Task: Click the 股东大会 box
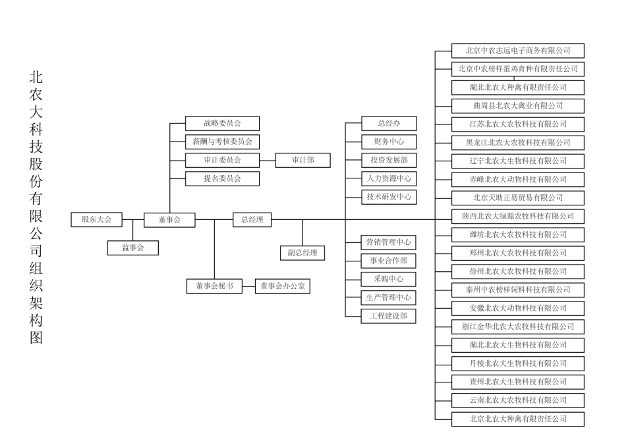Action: [x=96, y=219]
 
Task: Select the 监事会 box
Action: [x=132, y=248]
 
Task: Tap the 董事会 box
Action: [x=169, y=220]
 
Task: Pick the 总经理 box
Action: [x=252, y=219]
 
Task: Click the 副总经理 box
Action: [x=302, y=253]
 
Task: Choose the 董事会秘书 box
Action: [x=214, y=286]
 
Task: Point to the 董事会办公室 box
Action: [x=283, y=286]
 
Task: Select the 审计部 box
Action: [x=303, y=160]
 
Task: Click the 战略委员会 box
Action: [x=222, y=123]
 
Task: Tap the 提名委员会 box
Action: [x=222, y=178]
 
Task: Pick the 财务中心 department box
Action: [x=389, y=142]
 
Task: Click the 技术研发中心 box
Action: [x=389, y=197]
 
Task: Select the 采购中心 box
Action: [x=388, y=279]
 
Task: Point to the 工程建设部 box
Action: [x=388, y=316]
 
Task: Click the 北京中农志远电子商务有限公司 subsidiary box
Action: [x=518, y=51]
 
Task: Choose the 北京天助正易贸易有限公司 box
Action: [x=518, y=198]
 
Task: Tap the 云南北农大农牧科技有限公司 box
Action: [x=518, y=400]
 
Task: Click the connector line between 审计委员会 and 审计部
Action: [x=268, y=161]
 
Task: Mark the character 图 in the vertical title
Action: [x=36, y=338]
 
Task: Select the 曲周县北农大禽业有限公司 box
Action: [x=518, y=106]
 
